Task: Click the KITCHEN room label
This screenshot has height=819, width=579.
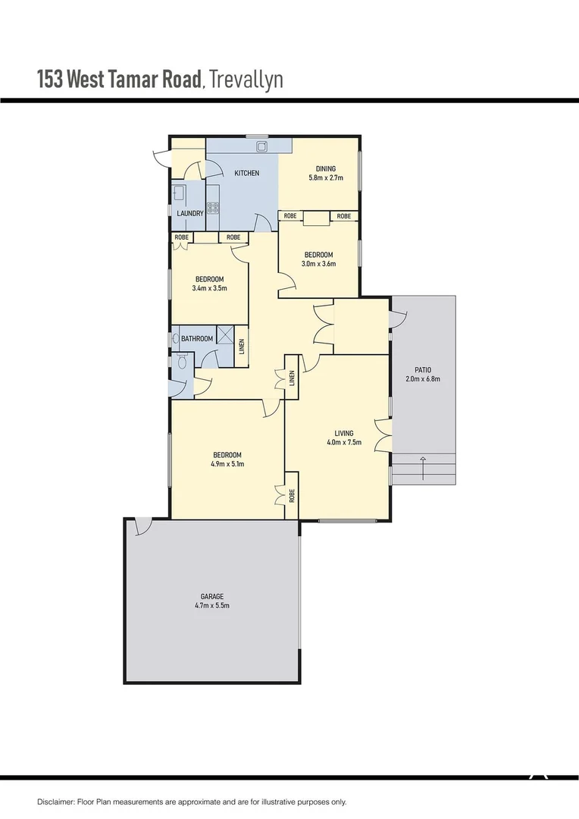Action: tap(246, 174)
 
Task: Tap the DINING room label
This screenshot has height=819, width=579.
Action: tap(325, 168)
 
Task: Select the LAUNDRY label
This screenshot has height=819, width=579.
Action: tap(189, 214)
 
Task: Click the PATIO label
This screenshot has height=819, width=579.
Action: tap(423, 369)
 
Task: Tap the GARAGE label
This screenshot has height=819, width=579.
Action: tap(212, 597)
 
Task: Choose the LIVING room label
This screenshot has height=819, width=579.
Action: tap(344, 434)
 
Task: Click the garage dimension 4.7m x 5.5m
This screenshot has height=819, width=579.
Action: tap(212, 606)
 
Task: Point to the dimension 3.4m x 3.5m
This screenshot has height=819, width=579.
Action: tap(210, 288)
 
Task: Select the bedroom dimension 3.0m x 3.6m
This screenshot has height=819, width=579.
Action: tap(318, 264)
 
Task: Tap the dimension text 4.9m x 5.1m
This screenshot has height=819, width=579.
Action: tap(227, 464)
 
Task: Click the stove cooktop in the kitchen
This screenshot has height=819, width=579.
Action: tap(214, 206)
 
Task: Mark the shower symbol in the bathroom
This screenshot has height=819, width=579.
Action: tap(225, 335)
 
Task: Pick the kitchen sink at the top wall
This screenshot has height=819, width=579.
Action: tap(261, 145)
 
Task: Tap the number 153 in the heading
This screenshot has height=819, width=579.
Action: tap(50, 80)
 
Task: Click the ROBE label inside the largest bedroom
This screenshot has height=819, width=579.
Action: tap(292, 496)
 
